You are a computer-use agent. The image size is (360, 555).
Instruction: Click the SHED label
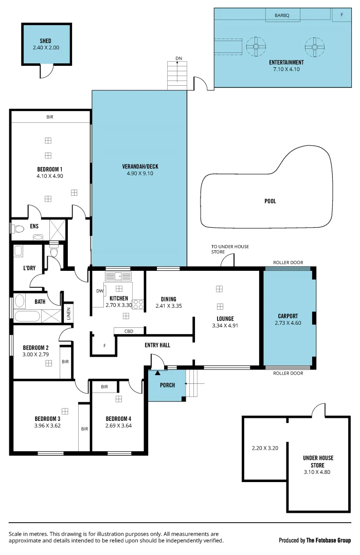click(46, 41)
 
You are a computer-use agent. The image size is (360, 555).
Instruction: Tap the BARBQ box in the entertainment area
click(282, 16)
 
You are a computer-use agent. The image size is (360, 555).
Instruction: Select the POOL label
click(270, 201)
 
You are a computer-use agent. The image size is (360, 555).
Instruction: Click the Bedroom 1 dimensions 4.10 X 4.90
click(50, 176)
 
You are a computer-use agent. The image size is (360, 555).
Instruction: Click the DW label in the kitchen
click(99, 291)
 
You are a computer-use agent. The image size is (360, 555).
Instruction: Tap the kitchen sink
click(118, 276)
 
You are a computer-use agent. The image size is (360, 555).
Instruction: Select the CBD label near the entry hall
click(129, 331)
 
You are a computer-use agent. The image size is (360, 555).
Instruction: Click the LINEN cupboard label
click(69, 313)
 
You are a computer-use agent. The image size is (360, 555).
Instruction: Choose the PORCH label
click(167, 385)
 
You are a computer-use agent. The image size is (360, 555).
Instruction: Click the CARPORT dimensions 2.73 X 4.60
click(287, 323)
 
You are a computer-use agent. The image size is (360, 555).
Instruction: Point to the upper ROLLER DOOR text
click(287, 263)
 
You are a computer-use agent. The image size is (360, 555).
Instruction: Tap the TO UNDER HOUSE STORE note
click(230, 249)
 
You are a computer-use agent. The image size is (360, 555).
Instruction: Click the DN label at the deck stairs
click(178, 58)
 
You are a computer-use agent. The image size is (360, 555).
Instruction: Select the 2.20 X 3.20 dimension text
click(264, 448)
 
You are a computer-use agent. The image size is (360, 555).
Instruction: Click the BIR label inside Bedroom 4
click(104, 387)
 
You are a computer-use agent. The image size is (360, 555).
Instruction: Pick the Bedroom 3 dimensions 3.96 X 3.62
click(47, 425)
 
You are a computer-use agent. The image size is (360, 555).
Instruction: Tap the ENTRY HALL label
click(157, 345)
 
